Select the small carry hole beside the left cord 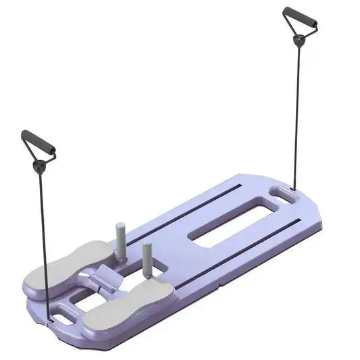(x=68, y=313)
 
